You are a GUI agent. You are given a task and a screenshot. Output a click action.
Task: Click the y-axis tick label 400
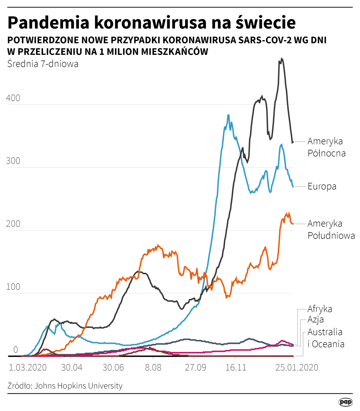click(13, 98)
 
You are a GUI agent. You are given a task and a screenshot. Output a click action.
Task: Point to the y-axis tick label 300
click(13, 161)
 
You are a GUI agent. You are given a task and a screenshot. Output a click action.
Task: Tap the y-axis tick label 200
click(13, 224)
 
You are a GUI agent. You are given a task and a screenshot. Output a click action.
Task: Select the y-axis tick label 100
click(13, 286)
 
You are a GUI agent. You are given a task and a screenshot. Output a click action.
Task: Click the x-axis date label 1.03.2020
click(28, 367)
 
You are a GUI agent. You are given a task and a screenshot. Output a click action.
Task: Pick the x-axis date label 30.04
click(72, 367)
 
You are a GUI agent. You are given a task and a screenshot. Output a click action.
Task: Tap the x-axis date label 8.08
click(153, 367)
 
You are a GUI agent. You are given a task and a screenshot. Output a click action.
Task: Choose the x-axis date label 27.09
click(195, 367)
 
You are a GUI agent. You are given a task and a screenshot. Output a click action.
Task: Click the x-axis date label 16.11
click(236, 367)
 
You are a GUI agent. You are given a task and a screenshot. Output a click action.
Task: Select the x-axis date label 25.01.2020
click(297, 367)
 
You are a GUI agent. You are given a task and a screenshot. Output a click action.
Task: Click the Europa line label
click(322, 186)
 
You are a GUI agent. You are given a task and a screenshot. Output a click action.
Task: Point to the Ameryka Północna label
click(326, 147)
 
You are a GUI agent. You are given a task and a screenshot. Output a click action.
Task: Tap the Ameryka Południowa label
click(331, 230)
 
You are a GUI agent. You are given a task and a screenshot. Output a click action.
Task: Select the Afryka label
click(320, 309)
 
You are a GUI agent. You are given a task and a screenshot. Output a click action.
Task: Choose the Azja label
click(316, 319)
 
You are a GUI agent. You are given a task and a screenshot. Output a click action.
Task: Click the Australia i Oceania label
click(326, 338)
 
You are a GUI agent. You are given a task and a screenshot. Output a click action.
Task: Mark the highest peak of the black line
click(281, 59)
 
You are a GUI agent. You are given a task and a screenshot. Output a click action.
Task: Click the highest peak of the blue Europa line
click(228, 115)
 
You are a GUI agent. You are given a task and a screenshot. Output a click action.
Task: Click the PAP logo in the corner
click(345, 402)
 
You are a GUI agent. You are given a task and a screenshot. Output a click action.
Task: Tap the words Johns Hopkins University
click(78, 386)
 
